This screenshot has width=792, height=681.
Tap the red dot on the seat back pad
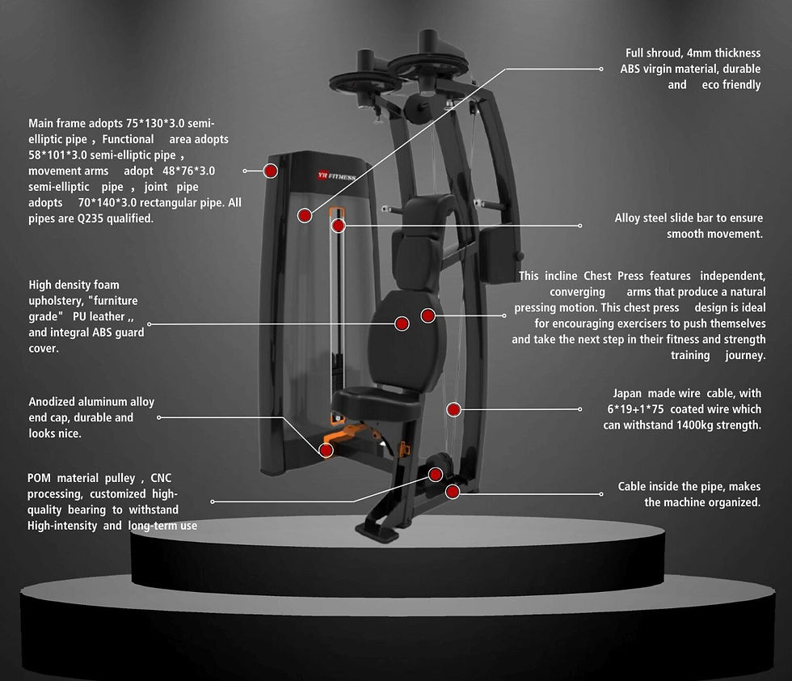point(402,324)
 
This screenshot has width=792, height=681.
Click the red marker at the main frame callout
point(271,171)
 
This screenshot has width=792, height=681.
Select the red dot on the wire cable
point(453,409)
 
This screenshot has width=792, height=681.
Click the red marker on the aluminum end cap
point(326,450)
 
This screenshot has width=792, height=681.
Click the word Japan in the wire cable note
point(627,393)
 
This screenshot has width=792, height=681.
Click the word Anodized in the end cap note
point(52,402)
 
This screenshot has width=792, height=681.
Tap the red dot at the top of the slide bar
point(338,226)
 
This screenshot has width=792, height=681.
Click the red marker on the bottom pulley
point(436,474)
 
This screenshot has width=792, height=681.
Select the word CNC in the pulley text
point(161,478)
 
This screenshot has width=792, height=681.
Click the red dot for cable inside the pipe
point(453,491)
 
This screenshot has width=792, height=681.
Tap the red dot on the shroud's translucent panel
point(305,216)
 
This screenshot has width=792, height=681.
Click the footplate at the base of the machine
point(377,532)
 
